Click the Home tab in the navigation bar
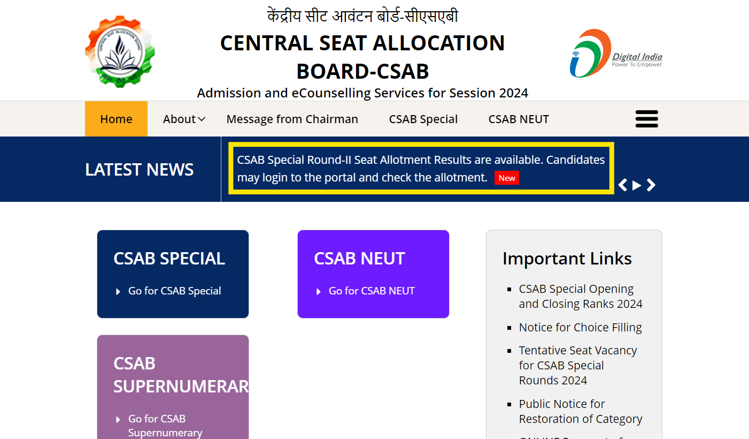116,119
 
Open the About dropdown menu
184,119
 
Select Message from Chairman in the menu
292,119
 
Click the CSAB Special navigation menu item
423,119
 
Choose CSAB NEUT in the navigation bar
519,119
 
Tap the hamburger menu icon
647,119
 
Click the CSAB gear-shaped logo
120,51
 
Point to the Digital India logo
616,53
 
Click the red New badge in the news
507,178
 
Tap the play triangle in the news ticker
637,185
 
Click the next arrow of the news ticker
651,185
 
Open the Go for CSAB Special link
174,291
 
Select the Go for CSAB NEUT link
372,291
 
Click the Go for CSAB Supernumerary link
165,425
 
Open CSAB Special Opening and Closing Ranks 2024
581,296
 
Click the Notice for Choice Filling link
580,328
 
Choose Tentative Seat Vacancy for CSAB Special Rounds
578,365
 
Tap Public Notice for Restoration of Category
581,411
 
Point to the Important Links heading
567,259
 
